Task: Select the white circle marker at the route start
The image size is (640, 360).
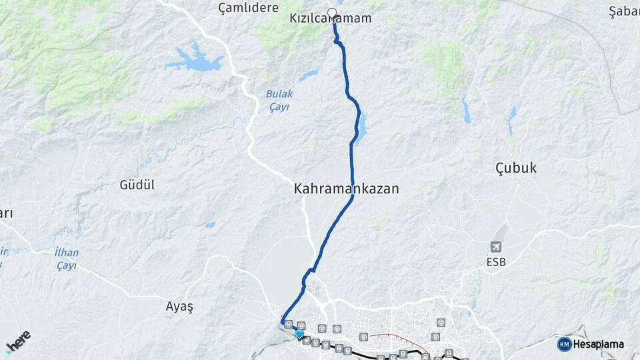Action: (x=332, y=12)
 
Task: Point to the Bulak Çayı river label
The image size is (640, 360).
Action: (x=279, y=99)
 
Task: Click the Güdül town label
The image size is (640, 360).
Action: (x=137, y=185)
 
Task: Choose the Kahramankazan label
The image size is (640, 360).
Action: (x=346, y=189)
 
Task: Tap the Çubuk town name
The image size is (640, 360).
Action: (x=516, y=167)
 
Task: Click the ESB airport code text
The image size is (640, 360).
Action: (x=496, y=262)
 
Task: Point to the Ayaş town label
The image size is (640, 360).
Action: (x=179, y=307)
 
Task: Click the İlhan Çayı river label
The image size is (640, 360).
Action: (x=66, y=259)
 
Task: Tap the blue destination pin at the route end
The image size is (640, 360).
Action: (x=299, y=334)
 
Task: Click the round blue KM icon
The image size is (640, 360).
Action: (x=564, y=344)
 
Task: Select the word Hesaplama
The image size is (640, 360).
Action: (x=598, y=345)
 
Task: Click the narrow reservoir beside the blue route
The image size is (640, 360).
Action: (x=362, y=128)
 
